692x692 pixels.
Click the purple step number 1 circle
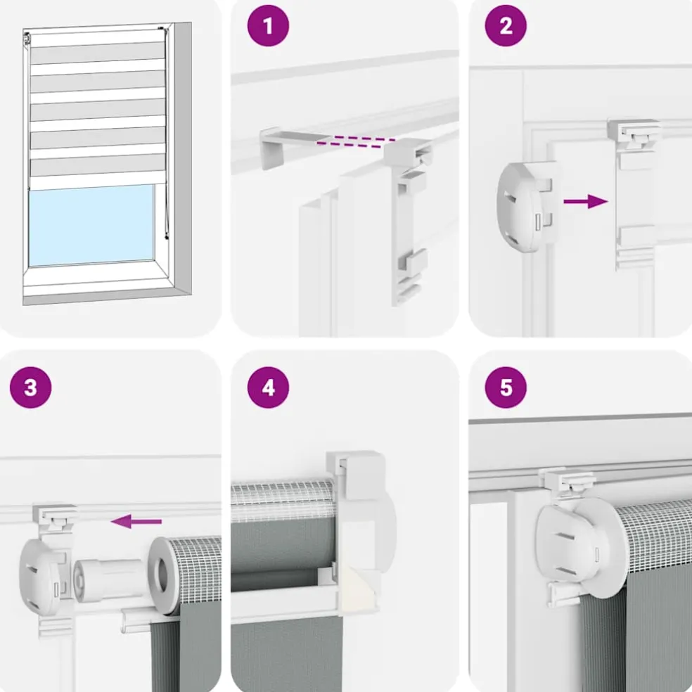[x=268, y=25]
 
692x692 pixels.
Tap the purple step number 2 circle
[x=506, y=25]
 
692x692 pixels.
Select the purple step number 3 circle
[x=30, y=387]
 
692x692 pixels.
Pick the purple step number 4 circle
[x=268, y=387]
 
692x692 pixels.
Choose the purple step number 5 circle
[x=506, y=387]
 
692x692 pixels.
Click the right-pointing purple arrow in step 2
[x=586, y=201]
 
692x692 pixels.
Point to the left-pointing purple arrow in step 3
[x=136, y=521]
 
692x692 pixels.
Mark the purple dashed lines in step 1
[x=356, y=141]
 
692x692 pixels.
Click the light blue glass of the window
[x=91, y=225]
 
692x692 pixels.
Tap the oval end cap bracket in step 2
[x=525, y=207]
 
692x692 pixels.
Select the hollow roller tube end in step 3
[x=163, y=575]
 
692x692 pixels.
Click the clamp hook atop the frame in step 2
[x=634, y=132]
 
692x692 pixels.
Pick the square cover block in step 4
[x=356, y=475]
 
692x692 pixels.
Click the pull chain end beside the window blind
[x=167, y=237]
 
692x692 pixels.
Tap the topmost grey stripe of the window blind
[x=98, y=53]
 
